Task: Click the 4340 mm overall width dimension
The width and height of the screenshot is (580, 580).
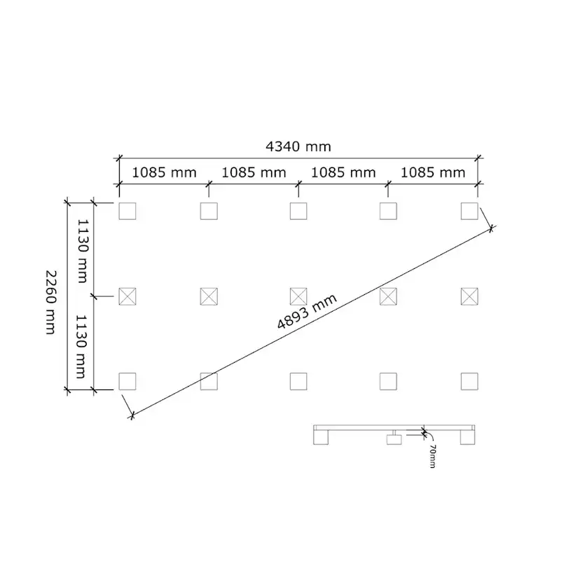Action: pyautogui.click(x=298, y=147)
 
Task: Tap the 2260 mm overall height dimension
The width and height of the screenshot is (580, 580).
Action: pyautogui.click(x=50, y=302)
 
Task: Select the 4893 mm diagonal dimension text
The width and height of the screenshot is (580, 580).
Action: pyautogui.click(x=307, y=312)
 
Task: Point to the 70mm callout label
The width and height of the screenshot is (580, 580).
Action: pyautogui.click(x=432, y=456)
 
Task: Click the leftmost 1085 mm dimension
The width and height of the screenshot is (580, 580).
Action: pyautogui.click(x=164, y=173)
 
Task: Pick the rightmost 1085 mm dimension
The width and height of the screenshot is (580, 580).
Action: pyautogui.click(x=433, y=173)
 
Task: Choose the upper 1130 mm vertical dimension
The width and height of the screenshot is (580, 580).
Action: pyautogui.click(x=82, y=251)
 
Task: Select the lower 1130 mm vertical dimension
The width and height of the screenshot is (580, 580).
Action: pyautogui.click(x=81, y=347)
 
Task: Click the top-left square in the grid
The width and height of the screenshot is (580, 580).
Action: pyautogui.click(x=127, y=211)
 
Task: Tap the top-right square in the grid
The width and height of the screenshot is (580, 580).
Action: pyautogui.click(x=469, y=211)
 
